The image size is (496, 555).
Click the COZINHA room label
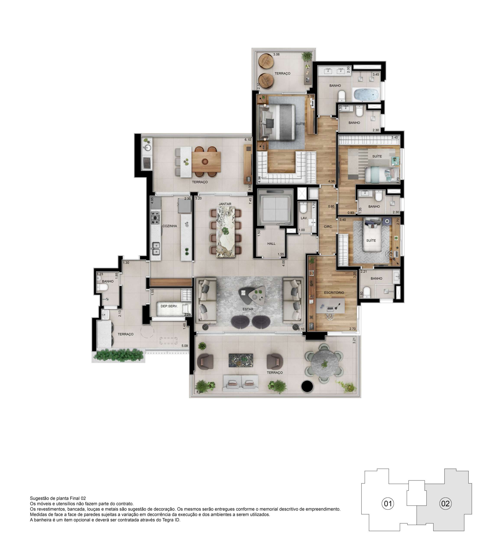(x=170, y=226)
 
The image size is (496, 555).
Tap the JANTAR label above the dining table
(x=225, y=204)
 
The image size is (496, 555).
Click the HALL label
(x=271, y=243)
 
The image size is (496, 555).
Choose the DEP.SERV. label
(x=169, y=306)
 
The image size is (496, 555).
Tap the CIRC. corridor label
(x=328, y=227)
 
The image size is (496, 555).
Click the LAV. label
(x=304, y=218)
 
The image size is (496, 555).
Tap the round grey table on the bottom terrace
(x=324, y=364)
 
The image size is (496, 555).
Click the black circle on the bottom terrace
(x=307, y=386)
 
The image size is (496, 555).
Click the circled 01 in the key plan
(x=388, y=503)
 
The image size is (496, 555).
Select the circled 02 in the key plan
(x=445, y=503)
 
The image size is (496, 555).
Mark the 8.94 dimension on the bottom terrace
(x=199, y=392)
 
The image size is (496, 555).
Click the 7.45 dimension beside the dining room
(x=250, y=201)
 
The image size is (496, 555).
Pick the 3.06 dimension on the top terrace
(x=276, y=54)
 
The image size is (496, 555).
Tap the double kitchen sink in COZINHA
(x=156, y=248)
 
